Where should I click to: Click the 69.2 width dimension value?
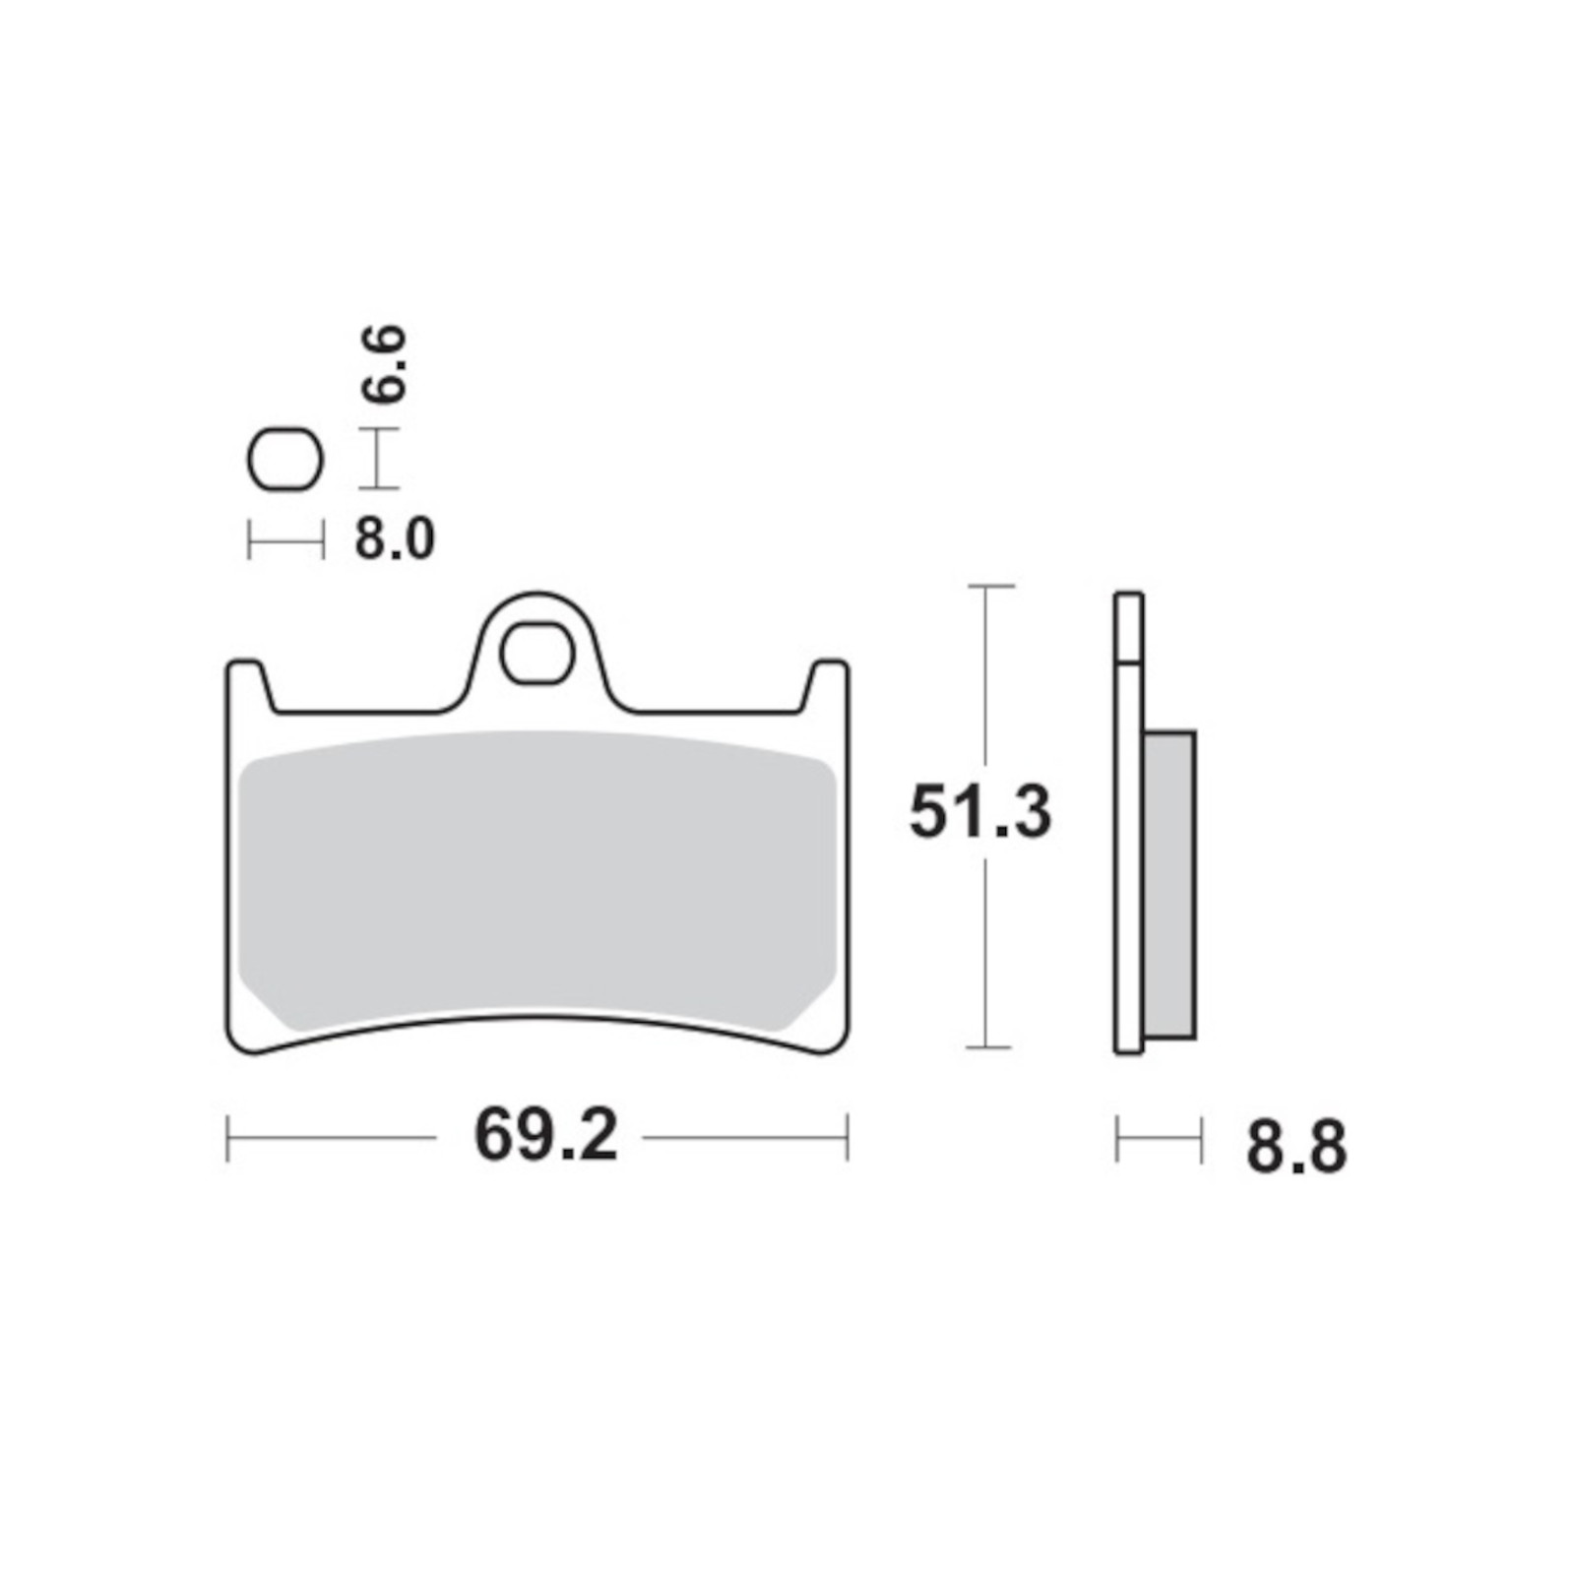click(x=546, y=1137)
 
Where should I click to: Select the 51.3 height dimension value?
click(x=980, y=813)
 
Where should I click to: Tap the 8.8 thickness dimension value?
click(x=1296, y=1148)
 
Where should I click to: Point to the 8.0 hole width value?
click(x=395, y=540)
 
